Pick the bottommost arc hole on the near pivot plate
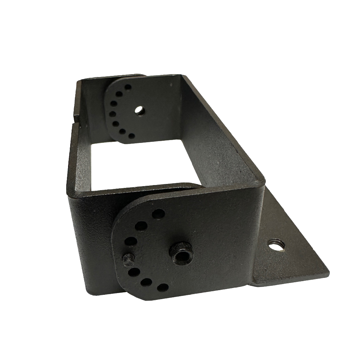[x=163, y=287]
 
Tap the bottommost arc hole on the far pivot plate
[x=132, y=136]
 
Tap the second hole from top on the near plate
[x=141, y=226]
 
